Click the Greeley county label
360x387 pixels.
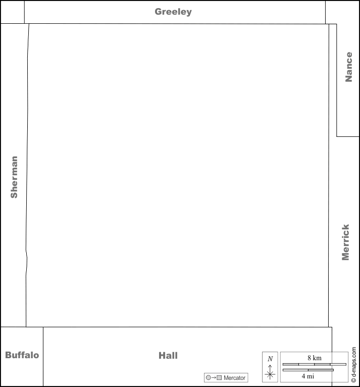pyautogui.click(x=173, y=12)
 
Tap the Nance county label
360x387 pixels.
pyautogui.click(x=349, y=67)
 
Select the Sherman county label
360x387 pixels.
pyautogui.click(x=14, y=177)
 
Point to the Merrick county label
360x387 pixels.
pyautogui.click(x=345, y=242)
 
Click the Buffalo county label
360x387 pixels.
pyautogui.click(x=22, y=355)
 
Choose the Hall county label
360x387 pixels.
pyautogui.click(x=168, y=355)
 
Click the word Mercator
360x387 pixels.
pyautogui.click(x=234, y=377)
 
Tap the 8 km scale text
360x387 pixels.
pyautogui.click(x=315, y=358)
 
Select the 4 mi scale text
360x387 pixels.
pyautogui.click(x=307, y=376)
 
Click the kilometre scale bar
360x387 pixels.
pyautogui.click(x=315, y=364)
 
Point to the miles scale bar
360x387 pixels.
pyautogui.click(x=308, y=370)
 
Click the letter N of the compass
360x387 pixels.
pyautogui.click(x=270, y=359)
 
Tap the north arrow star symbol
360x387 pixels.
pyautogui.click(x=270, y=374)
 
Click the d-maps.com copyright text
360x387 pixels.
pyautogui.click(x=354, y=365)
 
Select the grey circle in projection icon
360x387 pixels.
pyautogui.click(x=209, y=377)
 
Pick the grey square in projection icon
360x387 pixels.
pyautogui.click(x=219, y=377)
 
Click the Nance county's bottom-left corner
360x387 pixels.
pyautogui.click(x=337, y=136)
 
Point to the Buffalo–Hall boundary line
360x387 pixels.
pyautogui.click(x=43, y=357)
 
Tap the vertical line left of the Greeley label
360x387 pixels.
pyautogui.click(x=24, y=12)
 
